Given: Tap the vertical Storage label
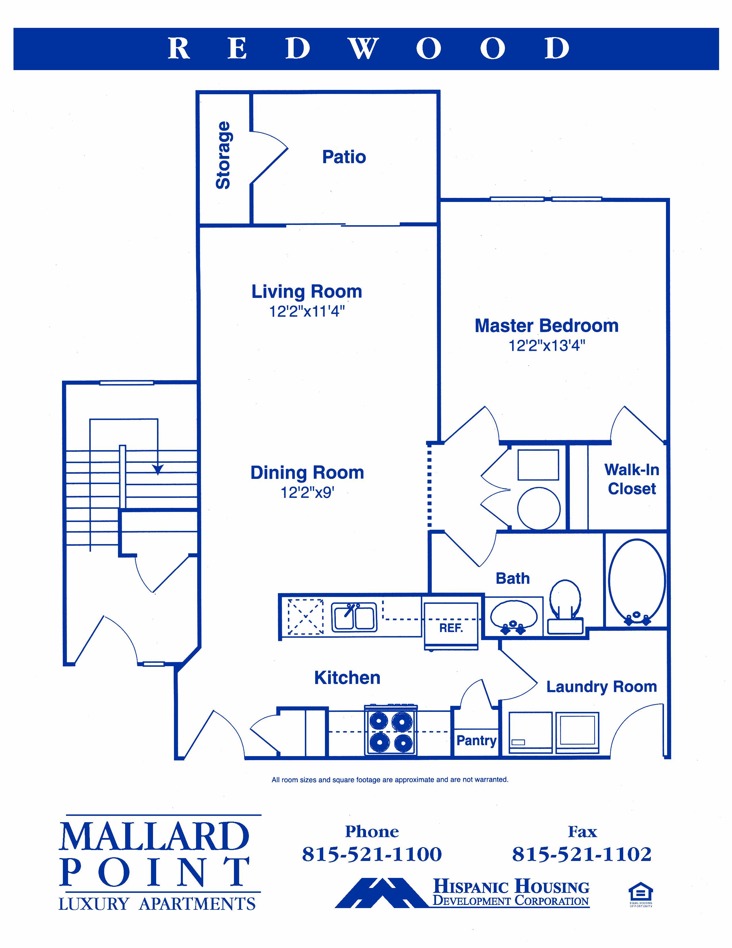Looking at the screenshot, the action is [223, 155].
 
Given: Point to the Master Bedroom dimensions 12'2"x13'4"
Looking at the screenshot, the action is [547, 346].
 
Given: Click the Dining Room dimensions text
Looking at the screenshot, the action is [307, 492].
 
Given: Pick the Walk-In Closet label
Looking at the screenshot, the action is [632, 479].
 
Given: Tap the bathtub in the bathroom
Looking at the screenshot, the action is [637, 581].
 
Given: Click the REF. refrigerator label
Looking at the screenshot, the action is [451, 628].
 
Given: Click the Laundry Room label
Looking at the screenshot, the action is [601, 687].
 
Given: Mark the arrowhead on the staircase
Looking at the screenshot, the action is [157, 469].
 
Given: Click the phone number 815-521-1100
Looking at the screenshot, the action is [372, 854].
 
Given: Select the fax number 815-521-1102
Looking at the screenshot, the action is [582, 854].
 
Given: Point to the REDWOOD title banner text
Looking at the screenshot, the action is [368, 48].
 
